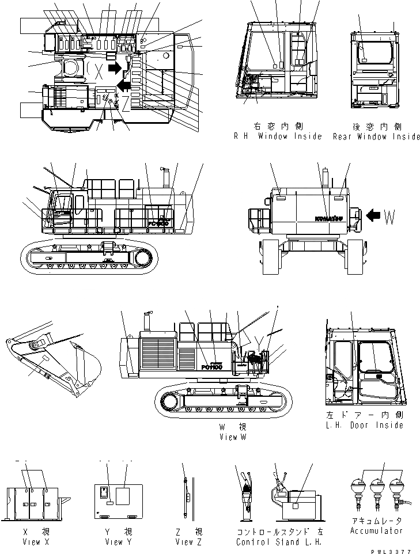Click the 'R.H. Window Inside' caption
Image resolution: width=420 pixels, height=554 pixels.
pos(277,137)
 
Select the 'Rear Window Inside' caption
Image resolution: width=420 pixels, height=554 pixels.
pos(376,137)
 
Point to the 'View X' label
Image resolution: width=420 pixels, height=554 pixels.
pos(32,542)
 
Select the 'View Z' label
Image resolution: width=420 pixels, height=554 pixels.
pos(188,542)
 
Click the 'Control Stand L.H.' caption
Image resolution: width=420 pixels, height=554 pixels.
pos(278,542)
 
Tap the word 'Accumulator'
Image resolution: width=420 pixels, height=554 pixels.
pos(376,530)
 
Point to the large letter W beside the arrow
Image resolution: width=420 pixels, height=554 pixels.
pos(390,217)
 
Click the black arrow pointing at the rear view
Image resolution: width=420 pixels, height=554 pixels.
pos(372,216)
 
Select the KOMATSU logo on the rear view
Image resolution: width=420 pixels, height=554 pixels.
pos(329,218)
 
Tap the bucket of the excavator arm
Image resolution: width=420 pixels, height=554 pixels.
pos(85,367)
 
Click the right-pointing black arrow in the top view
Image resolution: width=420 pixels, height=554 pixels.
pos(116,69)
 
